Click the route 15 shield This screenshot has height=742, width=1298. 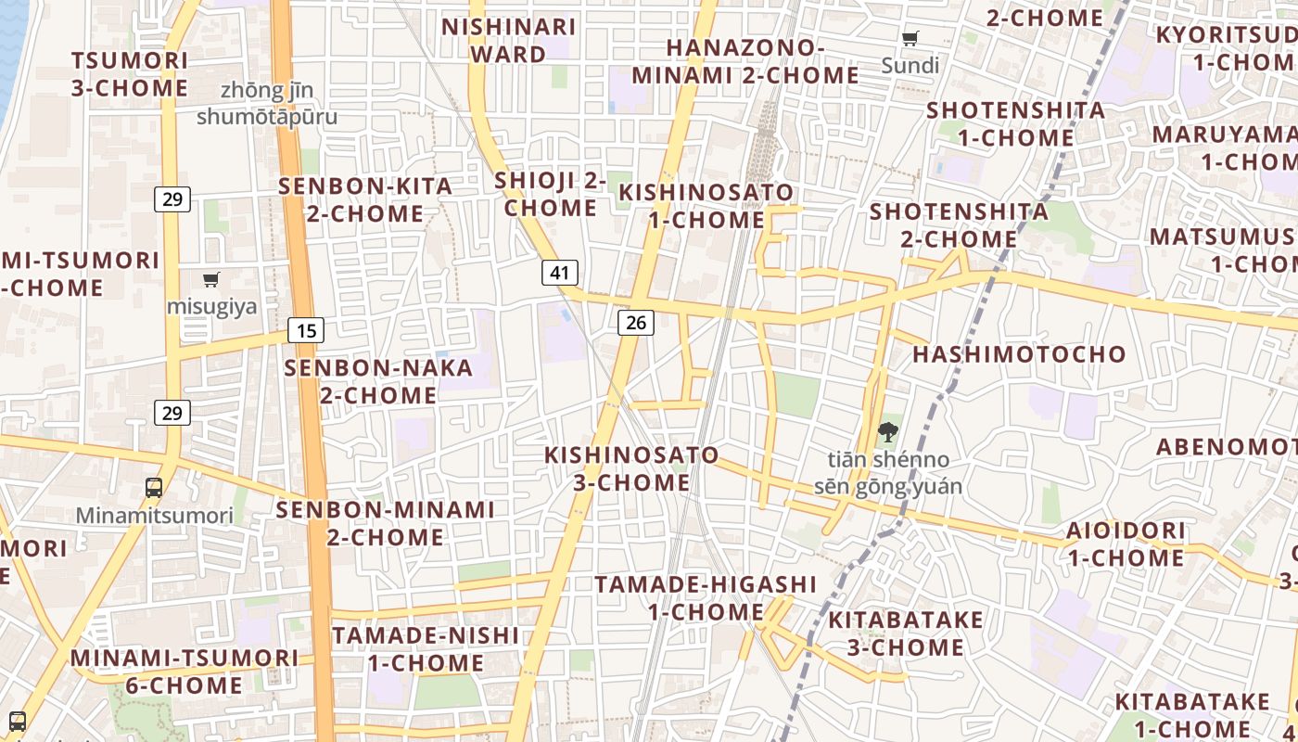[306, 329]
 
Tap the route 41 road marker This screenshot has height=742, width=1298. [559, 273]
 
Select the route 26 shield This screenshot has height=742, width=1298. [635, 322]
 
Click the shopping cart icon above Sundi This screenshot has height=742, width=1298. [910, 38]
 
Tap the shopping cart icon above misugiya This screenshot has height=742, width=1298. [211, 279]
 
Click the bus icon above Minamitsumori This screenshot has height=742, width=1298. [154, 487]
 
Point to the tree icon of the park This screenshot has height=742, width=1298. [887, 431]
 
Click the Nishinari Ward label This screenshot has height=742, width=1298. [508, 40]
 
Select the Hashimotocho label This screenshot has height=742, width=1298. [1019, 353]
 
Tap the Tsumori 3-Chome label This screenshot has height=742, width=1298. [130, 74]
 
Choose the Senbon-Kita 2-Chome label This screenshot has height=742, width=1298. [366, 199]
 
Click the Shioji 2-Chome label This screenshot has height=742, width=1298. [551, 194]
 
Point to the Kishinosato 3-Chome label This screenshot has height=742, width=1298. [631, 468]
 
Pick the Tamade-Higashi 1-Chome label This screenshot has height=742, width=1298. [706, 598]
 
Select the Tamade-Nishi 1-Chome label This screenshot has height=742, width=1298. [426, 648]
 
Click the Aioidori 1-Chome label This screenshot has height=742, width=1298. [1126, 544]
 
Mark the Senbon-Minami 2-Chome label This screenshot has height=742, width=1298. [385, 523]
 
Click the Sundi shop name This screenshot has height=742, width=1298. [910, 66]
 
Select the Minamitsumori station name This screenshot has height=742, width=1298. [154, 516]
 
